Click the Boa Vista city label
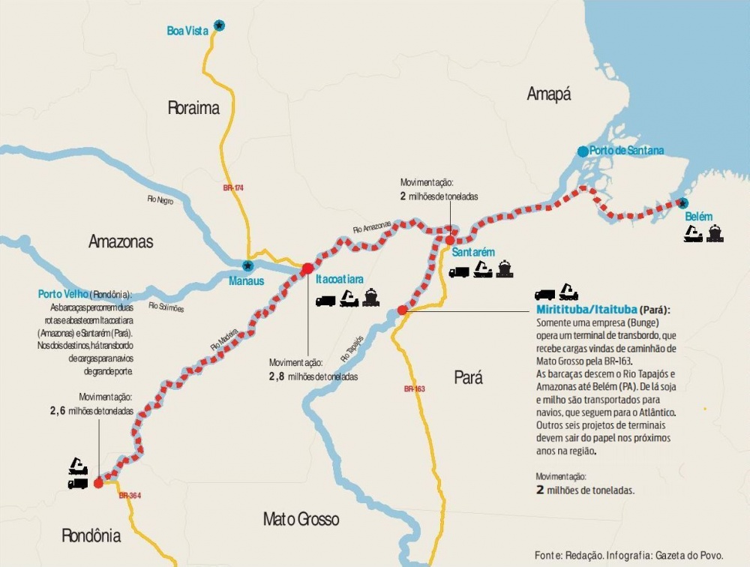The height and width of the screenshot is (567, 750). click(187, 31)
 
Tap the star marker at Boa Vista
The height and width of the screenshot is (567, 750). click(218, 25)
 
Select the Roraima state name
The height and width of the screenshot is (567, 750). click(193, 108)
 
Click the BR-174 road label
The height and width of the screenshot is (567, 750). click(233, 187)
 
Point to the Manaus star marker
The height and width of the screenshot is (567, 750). click(247, 265)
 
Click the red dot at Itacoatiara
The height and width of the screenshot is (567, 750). click(307, 268)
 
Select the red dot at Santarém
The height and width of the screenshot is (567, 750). click(449, 241)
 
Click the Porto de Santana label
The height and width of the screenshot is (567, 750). click(626, 151)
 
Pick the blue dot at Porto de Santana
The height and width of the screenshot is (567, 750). click(583, 151)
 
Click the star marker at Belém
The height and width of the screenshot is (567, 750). click(682, 202)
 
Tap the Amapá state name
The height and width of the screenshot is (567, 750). click(548, 94)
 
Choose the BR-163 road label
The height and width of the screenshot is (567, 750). click(414, 388)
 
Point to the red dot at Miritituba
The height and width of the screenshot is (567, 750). click(403, 310)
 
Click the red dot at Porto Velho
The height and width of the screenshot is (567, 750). click(98, 483)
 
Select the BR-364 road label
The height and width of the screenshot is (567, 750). click(130, 496)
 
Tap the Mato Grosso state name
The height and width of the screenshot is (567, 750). click(301, 519)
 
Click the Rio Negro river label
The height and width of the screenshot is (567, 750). click(160, 200)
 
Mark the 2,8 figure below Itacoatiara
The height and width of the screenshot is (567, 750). click(277, 376)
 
